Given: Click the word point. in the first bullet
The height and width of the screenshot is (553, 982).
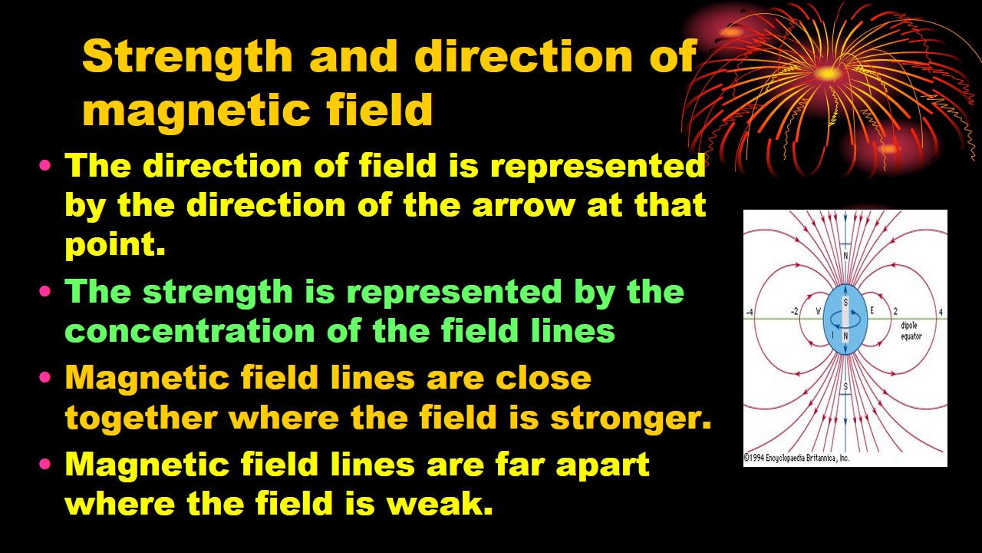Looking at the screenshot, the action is click(x=115, y=245).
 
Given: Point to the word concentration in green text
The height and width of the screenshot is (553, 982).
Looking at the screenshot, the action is click(x=189, y=330).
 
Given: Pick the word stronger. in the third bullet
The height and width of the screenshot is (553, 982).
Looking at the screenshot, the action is click(x=631, y=419).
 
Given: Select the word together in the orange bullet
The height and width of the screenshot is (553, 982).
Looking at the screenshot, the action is click(x=141, y=417).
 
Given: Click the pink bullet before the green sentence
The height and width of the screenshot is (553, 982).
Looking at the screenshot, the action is click(x=45, y=291).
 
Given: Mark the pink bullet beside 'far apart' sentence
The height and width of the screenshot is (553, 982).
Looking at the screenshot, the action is click(x=45, y=464).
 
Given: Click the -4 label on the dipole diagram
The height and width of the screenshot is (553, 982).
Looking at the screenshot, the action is click(x=750, y=313).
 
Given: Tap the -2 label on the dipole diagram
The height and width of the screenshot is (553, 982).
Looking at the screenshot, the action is click(x=794, y=312).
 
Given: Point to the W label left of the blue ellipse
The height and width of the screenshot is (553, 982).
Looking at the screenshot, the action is click(x=818, y=312).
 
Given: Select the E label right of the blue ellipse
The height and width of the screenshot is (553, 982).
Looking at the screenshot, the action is click(x=872, y=311).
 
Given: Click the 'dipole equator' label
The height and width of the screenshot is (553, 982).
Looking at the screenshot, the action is click(x=911, y=331).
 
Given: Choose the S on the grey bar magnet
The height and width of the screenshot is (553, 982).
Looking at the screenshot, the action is click(x=845, y=303).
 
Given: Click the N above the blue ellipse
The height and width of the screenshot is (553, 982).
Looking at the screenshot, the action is click(x=845, y=256).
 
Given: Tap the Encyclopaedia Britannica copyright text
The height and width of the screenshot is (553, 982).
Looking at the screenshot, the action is click(x=796, y=459).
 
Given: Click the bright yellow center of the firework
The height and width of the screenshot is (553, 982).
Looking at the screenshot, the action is click(x=827, y=72).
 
